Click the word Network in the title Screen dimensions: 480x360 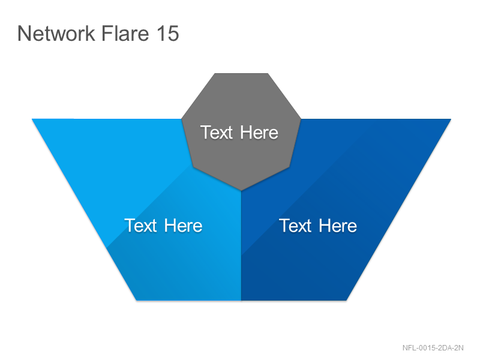(56, 33)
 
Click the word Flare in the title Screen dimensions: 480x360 (125, 33)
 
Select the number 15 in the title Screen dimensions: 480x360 (168, 33)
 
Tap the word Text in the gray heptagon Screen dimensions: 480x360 (217, 133)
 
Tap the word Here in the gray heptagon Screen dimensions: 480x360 (259, 133)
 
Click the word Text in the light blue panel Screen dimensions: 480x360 (140, 226)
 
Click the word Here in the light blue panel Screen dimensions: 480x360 (183, 226)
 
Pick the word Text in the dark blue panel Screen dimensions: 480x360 (295, 226)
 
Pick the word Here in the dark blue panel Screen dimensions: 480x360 (338, 226)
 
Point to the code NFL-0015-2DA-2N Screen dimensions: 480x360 (433, 348)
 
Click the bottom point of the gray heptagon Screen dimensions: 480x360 (241, 190)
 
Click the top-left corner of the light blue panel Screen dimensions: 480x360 (32, 119)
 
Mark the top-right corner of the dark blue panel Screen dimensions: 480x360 (451, 119)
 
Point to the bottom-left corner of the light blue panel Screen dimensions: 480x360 (136, 301)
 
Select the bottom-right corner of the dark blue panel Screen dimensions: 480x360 (347, 301)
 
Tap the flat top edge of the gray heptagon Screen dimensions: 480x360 (241, 73)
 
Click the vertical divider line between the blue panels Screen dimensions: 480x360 (241, 245)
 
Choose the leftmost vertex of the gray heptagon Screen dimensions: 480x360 (182, 119)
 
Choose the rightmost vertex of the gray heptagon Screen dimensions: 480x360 (301, 119)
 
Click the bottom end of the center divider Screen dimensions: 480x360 (241, 301)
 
